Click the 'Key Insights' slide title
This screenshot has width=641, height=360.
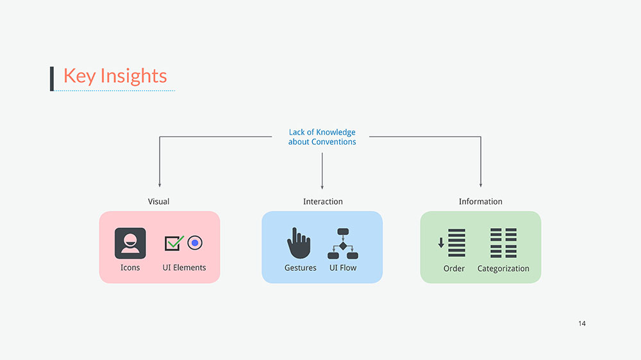tap(115, 76)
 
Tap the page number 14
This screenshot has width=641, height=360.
tap(581, 323)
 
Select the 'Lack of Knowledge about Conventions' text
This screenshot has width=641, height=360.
tap(322, 137)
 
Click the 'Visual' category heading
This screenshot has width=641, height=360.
tap(159, 202)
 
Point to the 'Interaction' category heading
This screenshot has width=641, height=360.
tap(322, 202)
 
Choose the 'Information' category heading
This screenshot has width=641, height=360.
tap(480, 202)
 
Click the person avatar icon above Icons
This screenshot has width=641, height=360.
tap(130, 243)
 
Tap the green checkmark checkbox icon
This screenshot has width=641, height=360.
tap(174, 243)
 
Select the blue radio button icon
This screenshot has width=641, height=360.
tap(195, 243)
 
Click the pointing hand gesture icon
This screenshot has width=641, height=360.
tap(299, 243)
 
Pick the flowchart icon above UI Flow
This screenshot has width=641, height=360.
tap(342, 243)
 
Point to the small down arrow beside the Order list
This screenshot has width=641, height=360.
tap(441, 243)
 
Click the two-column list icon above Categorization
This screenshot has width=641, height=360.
tap(503, 243)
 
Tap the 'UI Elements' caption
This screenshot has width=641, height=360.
tap(185, 268)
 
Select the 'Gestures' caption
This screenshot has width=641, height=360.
tap(301, 268)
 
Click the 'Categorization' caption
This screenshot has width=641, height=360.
tap(503, 269)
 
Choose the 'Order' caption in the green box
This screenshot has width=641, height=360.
tap(454, 268)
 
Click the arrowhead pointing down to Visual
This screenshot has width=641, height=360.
tap(159, 184)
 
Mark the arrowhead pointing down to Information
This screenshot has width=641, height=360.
tap(480, 184)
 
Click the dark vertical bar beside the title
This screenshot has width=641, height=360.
tap(52, 78)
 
